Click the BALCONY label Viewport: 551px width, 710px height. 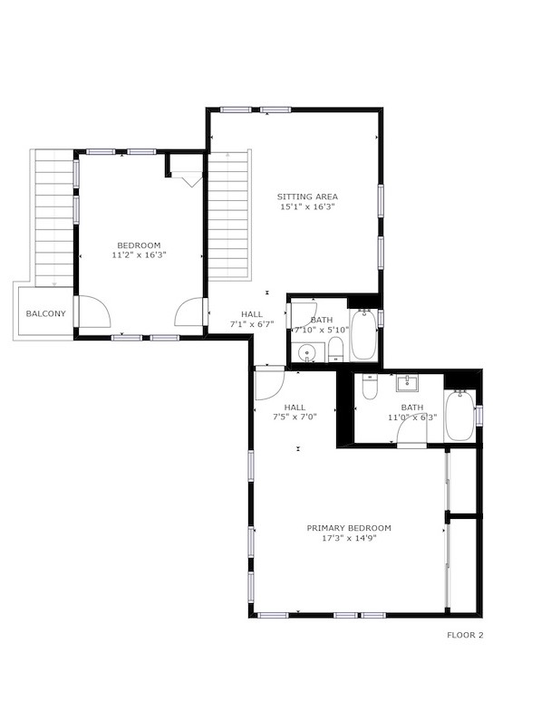click(45, 313)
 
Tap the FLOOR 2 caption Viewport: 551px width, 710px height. click(465, 635)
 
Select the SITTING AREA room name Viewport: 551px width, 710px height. click(307, 197)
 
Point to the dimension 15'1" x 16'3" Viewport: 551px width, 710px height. click(307, 206)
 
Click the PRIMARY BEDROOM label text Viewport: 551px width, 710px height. click(349, 528)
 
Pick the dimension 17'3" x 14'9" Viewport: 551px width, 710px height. click(349, 538)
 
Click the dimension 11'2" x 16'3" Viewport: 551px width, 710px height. click(140, 255)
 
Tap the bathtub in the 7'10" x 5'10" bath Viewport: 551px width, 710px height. click(364, 335)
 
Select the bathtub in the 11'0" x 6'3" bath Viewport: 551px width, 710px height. click(460, 415)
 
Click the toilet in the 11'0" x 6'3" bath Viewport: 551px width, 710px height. click(370, 388)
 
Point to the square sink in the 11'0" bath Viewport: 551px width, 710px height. click(407, 383)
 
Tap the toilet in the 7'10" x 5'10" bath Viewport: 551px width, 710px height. click(335, 350)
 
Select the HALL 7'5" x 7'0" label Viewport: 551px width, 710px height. click(295, 412)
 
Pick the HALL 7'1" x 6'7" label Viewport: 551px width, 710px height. click(252, 319)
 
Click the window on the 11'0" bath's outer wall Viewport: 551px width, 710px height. click(478, 415)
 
